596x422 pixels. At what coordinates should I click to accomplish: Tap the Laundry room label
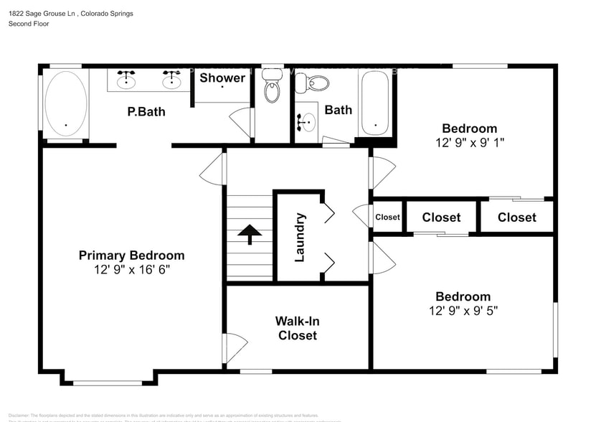click(x=300, y=237)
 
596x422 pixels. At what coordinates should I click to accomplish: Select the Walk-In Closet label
click(x=297, y=328)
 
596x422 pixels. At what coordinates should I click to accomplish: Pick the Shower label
click(x=222, y=78)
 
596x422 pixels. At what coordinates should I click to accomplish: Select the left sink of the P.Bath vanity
click(x=127, y=80)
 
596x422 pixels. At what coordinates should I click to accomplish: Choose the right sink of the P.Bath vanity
click(x=171, y=80)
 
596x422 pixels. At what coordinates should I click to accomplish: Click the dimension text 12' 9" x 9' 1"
click(x=469, y=142)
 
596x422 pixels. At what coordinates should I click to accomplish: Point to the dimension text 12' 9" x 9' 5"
click(x=462, y=311)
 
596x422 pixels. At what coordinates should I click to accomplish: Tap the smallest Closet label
click(x=387, y=217)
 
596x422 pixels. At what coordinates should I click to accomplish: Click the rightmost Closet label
click(x=516, y=217)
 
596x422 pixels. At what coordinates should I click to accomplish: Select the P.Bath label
click(x=146, y=111)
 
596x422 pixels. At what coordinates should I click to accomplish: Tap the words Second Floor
click(x=28, y=24)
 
